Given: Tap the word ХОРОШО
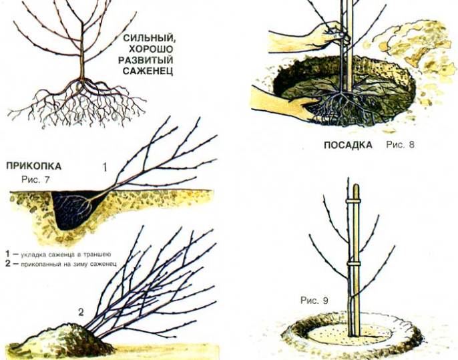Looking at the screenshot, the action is click(152, 49).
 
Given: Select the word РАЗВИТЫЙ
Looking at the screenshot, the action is click(146, 60).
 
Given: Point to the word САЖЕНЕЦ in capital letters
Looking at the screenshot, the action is click(148, 71).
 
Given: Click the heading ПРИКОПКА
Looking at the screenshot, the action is click(34, 166).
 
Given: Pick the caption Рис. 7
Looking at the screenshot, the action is click(35, 180).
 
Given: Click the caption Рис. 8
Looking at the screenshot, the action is click(400, 145).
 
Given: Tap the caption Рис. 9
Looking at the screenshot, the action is click(314, 301).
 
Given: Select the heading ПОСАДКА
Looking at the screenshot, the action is click(349, 145).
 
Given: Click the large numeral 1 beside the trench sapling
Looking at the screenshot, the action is click(105, 168).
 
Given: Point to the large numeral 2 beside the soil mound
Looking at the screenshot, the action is click(81, 313).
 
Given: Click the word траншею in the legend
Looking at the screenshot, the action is click(97, 254).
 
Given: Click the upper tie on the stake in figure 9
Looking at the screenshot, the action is click(353, 202).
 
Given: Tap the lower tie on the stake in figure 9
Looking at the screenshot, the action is click(354, 264).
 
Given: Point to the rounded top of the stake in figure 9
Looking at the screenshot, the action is click(355, 186).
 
